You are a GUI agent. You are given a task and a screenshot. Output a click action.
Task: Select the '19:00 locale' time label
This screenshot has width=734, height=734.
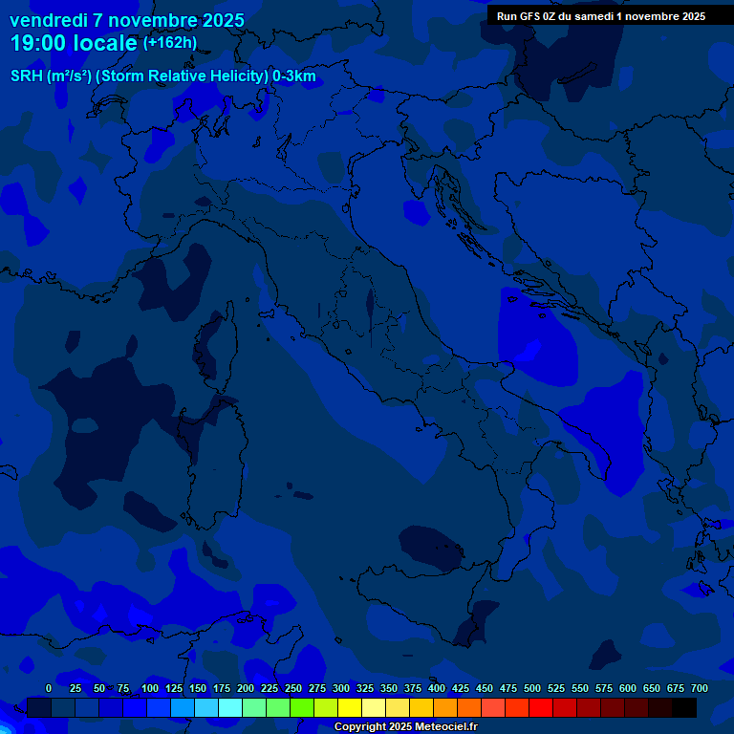75,43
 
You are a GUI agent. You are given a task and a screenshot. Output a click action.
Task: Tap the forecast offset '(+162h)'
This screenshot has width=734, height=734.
170,43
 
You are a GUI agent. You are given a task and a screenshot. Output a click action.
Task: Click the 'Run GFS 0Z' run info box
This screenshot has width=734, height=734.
601,16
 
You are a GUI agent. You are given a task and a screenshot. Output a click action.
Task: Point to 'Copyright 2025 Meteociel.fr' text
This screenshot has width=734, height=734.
405,727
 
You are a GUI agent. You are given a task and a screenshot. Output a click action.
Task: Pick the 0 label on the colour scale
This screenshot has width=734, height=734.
49,688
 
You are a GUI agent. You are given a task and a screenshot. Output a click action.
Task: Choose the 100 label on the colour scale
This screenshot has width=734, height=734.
150,688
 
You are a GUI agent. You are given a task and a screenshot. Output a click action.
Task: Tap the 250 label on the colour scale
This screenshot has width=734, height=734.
293,688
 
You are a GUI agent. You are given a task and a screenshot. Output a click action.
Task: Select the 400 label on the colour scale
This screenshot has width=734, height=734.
437,688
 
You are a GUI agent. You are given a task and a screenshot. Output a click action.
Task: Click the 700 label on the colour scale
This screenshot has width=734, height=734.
700,688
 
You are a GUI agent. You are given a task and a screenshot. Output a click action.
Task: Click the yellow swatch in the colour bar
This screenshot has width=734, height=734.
350,708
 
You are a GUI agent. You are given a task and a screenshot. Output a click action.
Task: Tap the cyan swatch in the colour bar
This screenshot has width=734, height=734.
230,708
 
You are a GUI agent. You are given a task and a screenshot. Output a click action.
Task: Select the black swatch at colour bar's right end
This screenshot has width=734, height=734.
684,708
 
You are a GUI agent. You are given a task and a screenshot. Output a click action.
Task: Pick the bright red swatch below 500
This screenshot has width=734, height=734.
541,708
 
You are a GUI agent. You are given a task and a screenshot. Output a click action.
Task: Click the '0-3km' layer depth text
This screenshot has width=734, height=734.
292,76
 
